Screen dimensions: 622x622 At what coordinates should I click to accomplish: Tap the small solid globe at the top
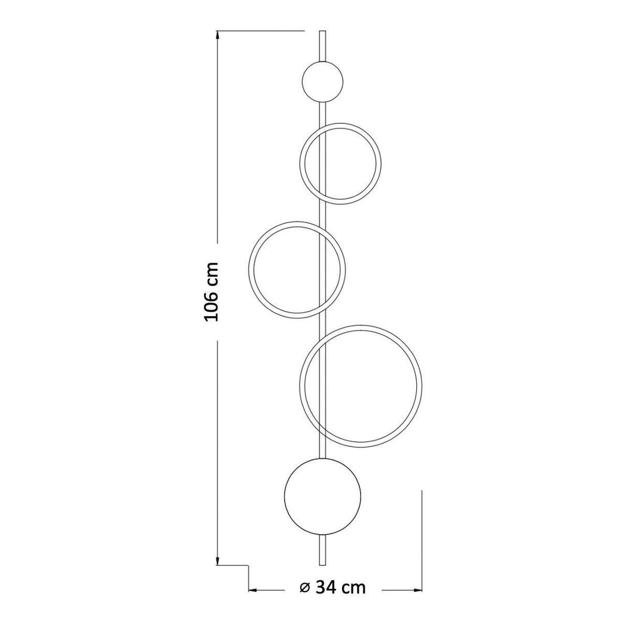[322, 82]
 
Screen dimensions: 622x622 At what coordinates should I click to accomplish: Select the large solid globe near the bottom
[322, 496]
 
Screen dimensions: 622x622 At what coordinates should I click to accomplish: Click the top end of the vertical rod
[322, 31]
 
